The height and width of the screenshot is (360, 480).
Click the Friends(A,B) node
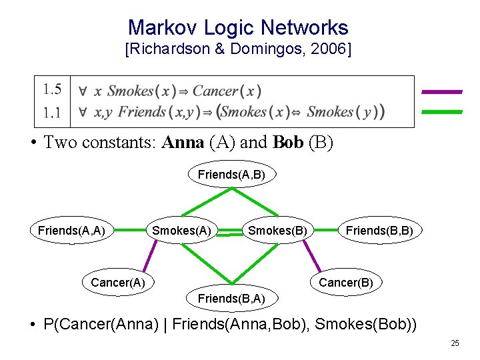[231, 175]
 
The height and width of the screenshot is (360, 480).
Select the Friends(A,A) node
[71, 231]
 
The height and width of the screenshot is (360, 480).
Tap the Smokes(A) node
[182, 231]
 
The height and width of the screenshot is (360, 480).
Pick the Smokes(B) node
[278, 231]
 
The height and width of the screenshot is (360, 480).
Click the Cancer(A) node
[117, 282]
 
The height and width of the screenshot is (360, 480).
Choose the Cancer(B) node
[346, 282]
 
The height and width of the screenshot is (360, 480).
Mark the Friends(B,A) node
[231, 299]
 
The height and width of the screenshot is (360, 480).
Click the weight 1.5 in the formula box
[52, 89]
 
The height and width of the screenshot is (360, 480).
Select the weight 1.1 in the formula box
[52, 112]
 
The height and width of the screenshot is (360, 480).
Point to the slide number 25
[455, 343]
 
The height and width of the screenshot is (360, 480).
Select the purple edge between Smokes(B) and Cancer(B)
[313, 257]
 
